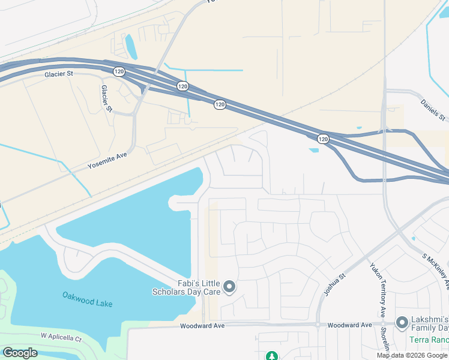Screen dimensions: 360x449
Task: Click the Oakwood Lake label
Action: tap(87, 299)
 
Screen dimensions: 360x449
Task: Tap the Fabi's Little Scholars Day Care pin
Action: tap(229, 288)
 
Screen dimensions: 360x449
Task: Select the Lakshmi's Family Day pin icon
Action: tap(402, 323)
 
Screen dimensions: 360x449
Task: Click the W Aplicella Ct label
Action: tap(61, 338)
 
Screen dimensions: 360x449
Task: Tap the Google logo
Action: tap(20, 353)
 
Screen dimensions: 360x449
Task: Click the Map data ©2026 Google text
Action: tap(412, 355)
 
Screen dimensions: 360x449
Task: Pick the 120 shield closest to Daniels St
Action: tap(323, 139)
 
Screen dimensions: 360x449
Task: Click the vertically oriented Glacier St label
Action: tap(106, 98)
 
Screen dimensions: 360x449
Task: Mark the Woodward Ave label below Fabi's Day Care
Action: tap(202, 325)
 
